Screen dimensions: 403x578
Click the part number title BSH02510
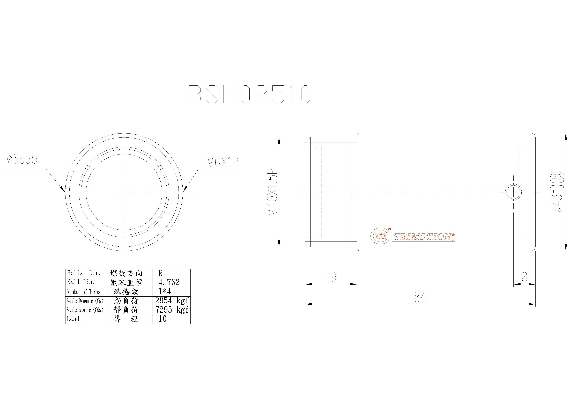click(x=250, y=94)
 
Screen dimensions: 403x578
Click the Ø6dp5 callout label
click(x=22, y=159)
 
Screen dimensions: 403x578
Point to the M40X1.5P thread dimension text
click(x=272, y=192)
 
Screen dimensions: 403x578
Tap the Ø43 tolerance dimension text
click(x=558, y=192)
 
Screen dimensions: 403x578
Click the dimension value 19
click(x=331, y=277)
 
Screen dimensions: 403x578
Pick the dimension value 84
click(x=420, y=297)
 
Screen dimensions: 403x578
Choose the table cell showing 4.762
click(x=169, y=282)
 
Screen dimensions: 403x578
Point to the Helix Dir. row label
click(x=84, y=273)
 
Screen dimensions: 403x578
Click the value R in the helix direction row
click(x=160, y=273)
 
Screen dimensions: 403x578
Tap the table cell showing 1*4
click(x=165, y=292)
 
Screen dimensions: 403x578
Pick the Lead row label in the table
click(x=73, y=319)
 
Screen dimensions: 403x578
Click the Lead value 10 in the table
click(x=163, y=319)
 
